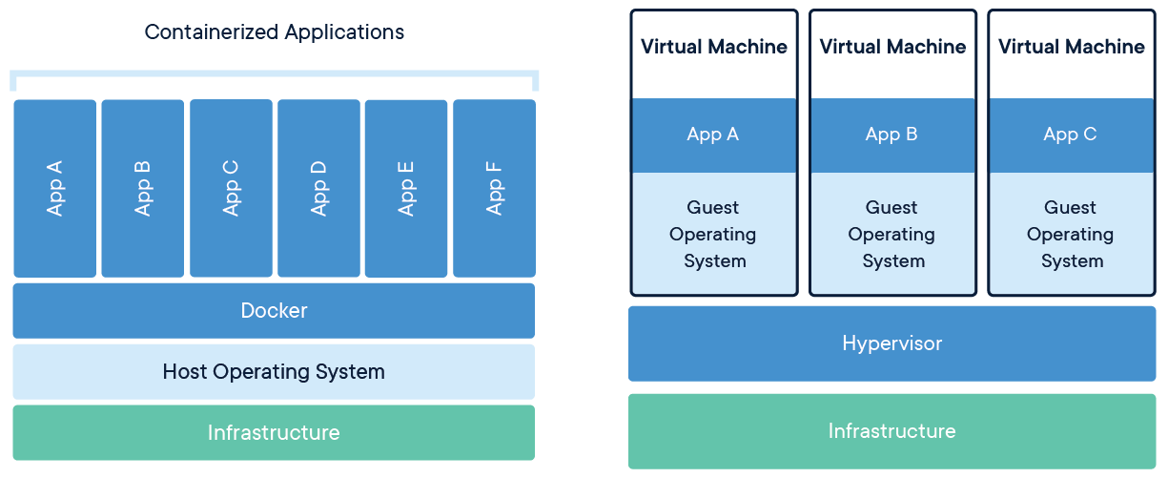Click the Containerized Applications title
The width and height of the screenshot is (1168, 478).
tap(274, 31)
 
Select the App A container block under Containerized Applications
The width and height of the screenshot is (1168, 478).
tap(54, 188)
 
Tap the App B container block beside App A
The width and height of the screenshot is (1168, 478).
tap(142, 188)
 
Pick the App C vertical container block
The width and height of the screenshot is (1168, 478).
tap(231, 188)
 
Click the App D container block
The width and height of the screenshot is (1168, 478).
tap(318, 188)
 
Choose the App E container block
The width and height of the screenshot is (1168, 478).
tap(405, 188)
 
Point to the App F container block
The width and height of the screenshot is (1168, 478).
tap(494, 188)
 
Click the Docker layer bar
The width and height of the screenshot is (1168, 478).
tap(274, 310)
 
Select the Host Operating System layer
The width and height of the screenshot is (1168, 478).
tap(274, 371)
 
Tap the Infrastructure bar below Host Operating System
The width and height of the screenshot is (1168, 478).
tap(274, 432)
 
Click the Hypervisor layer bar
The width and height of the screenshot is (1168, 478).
tap(891, 343)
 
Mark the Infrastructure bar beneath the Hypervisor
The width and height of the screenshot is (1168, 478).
tap(891, 430)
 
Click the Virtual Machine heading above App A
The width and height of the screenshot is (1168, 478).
tap(714, 47)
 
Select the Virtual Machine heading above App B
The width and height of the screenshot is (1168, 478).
tap(892, 47)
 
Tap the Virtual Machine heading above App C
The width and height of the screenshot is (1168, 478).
tap(1071, 47)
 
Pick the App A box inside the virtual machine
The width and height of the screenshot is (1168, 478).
tap(714, 135)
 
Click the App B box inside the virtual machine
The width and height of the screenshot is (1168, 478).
tap(892, 135)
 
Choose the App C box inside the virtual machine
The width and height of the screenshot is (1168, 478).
tap(1071, 135)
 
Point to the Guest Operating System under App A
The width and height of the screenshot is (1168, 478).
tap(714, 234)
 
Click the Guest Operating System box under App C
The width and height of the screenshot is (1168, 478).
tap(1071, 234)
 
